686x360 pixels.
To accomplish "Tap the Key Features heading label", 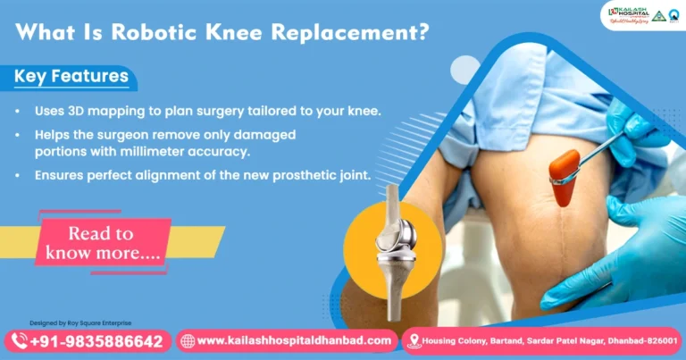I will pyautogui.click(x=71, y=77).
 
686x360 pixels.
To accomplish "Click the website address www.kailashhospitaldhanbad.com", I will pyautogui.click(x=294, y=340).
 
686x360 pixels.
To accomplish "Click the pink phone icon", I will pyautogui.click(x=17, y=340).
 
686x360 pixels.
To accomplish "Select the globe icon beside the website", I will pyautogui.click(x=187, y=340).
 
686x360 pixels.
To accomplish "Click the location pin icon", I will pyautogui.click(x=413, y=340).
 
